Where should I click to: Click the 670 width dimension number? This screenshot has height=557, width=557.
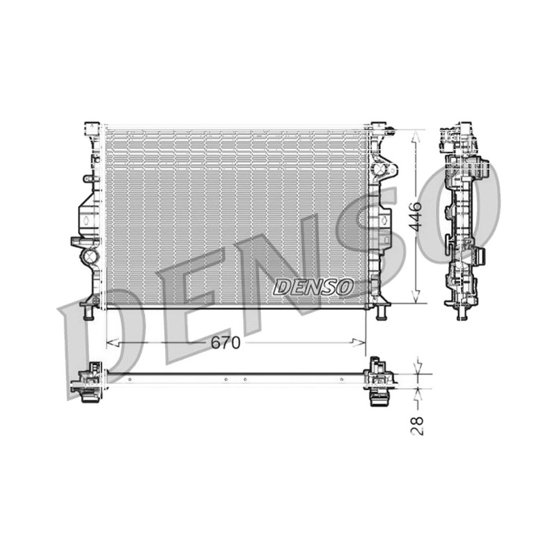coord(226,343)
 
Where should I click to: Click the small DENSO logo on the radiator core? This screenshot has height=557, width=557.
coord(313,287)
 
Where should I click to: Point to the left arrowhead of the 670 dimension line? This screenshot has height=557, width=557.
coord(113,343)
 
